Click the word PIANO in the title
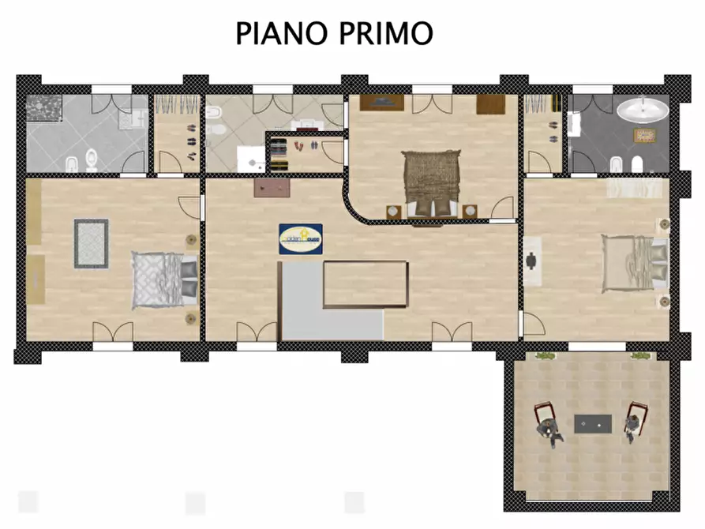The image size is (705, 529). click(278, 34)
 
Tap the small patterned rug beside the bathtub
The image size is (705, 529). click(644, 135)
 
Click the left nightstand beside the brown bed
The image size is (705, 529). click(392, 211)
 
